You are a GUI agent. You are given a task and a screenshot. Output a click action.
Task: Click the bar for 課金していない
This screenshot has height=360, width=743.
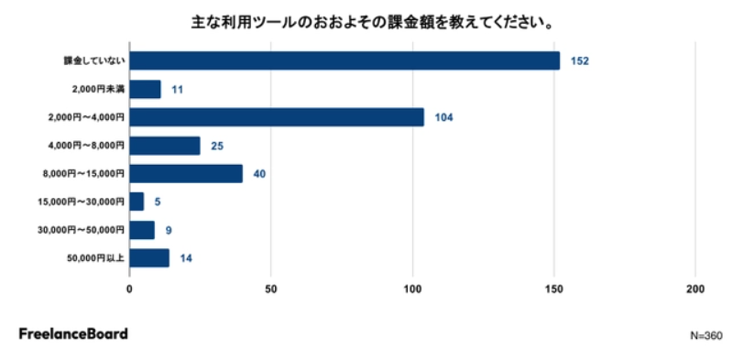click(344, 61)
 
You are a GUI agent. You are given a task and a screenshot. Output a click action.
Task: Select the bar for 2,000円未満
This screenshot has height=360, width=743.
click(145, 89)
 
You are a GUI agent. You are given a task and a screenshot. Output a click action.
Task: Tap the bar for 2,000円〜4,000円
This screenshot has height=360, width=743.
click(277, 117)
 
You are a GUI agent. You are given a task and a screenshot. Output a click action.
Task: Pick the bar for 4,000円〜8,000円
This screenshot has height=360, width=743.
click(165, 146)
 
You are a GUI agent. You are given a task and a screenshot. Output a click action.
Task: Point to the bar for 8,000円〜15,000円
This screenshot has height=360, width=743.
click(186, 174)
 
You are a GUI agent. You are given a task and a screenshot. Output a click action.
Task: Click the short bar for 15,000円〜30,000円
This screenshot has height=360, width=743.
click(137, 202)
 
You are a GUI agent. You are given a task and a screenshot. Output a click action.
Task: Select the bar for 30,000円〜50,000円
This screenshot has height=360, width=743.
click(142, 230)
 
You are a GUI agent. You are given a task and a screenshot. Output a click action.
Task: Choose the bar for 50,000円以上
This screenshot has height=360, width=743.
click(149, 258)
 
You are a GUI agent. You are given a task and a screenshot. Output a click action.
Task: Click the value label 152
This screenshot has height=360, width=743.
click(580, 61)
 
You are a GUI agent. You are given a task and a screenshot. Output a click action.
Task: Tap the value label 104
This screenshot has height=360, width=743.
click(444, 117)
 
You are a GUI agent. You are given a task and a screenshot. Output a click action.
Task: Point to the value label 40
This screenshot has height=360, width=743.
click(259, 174)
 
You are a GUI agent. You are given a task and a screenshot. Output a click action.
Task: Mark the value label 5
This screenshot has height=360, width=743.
click(158, 202)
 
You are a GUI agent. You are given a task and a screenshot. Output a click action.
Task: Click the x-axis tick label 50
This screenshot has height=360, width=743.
click(270, 289)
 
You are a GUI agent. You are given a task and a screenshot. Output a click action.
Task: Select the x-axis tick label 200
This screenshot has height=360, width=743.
click(695, 289)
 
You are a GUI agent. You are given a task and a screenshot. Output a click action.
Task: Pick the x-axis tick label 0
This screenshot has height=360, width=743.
click(129, 289)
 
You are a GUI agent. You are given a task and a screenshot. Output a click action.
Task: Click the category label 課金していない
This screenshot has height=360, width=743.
click(94, 61)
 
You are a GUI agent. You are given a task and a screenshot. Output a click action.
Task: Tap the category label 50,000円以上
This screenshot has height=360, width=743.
click(95, 258)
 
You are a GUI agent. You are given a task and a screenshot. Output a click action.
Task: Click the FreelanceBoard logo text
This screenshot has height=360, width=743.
click(73, 333)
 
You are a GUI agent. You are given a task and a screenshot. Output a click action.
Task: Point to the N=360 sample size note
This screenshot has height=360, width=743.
click(706, 336)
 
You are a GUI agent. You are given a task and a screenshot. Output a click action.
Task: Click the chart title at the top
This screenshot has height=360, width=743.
click(372, 22)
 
